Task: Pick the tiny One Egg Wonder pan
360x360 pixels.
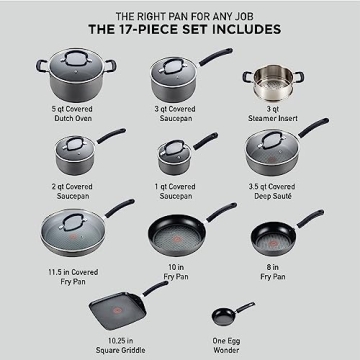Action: click(x=221, y=316)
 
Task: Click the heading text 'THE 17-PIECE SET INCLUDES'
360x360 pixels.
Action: click(x=179, y=29)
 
